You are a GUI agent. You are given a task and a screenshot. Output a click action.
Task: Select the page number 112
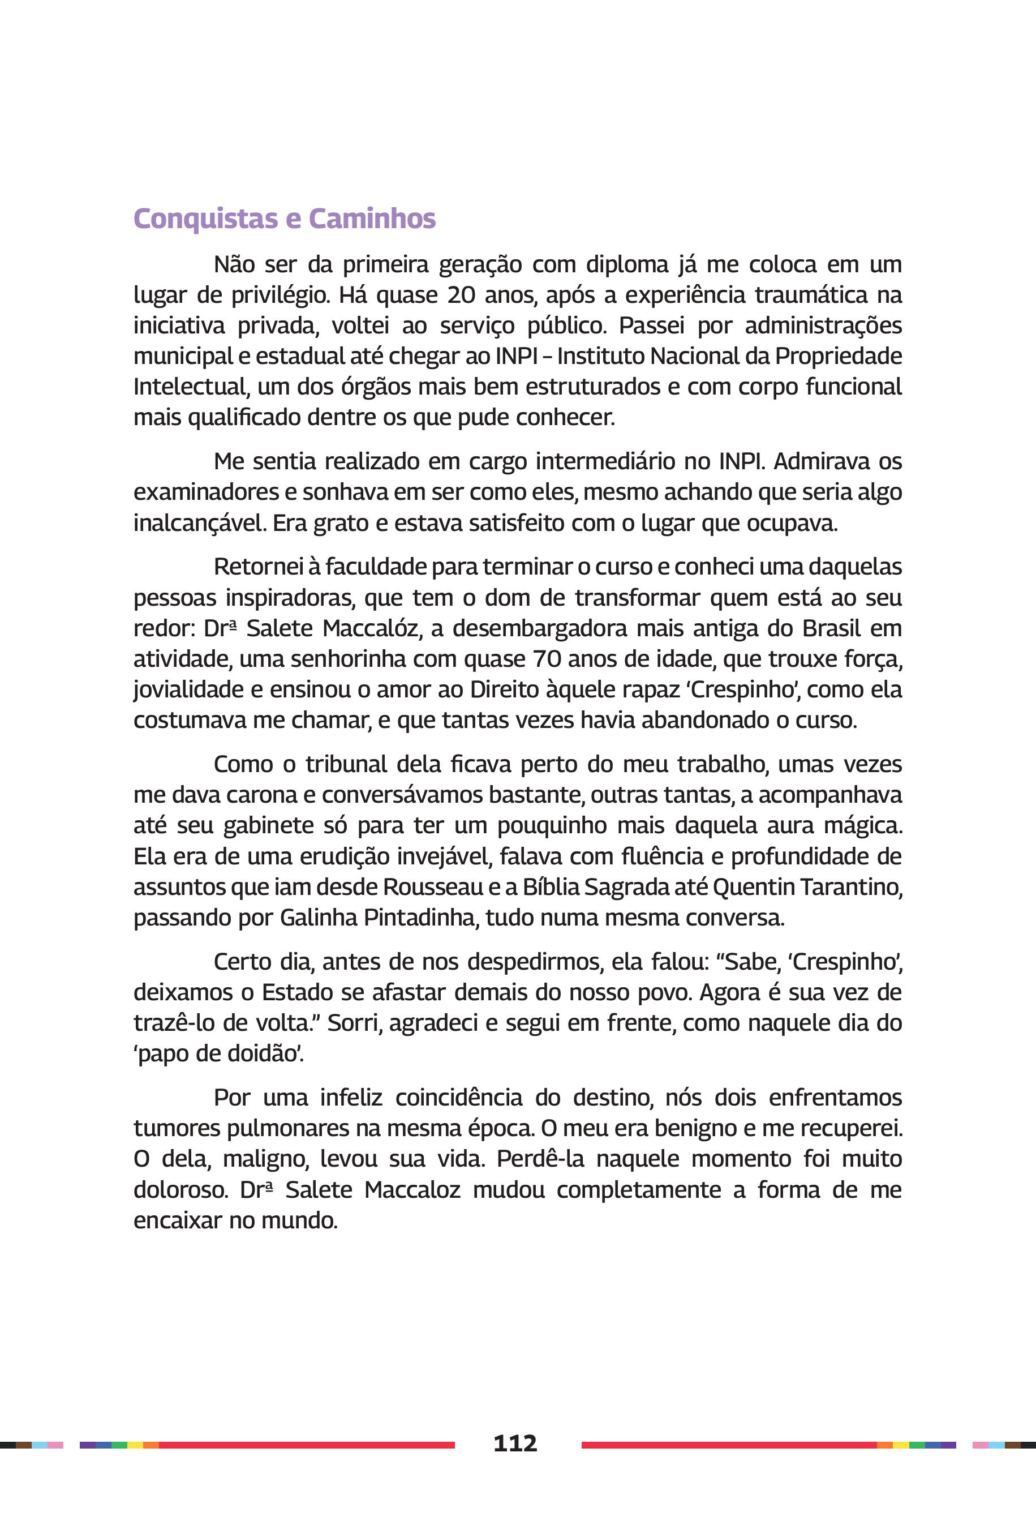[515, 1443]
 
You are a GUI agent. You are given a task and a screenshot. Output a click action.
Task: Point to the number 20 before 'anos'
[461, 295]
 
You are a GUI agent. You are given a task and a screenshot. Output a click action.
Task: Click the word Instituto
[599, 356]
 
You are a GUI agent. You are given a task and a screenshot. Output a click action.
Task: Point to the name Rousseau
[433, 887]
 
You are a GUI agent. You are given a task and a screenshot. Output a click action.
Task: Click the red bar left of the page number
[307, 1445]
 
